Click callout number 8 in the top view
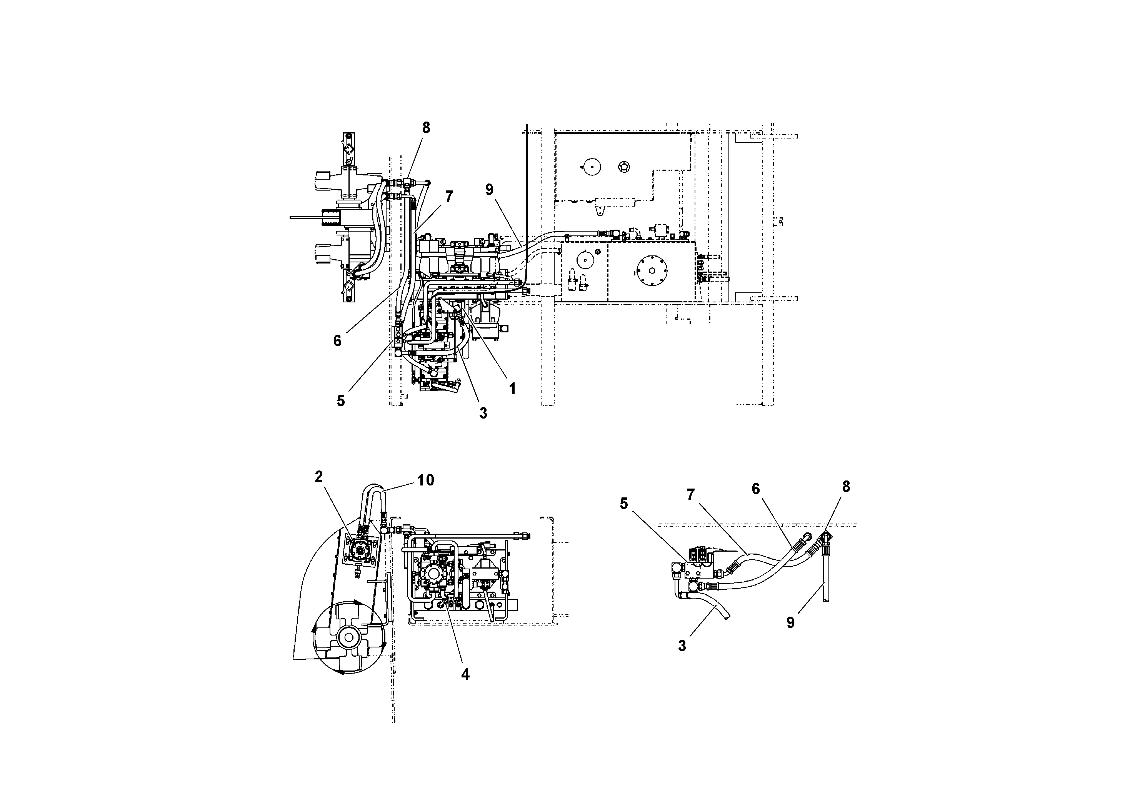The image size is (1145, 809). (426, 128)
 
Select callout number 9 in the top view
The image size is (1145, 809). (489, 190)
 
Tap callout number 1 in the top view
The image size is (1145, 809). (512, 389)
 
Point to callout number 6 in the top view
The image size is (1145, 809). (338, 341)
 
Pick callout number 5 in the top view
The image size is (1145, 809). (341, 400)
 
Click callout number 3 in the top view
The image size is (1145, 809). (483, 413)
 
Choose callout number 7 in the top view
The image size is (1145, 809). (449, 197)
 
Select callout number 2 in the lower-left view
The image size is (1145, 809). (319, 476)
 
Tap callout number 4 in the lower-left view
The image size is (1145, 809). (465, 674)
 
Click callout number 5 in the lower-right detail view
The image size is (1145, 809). (624, 504)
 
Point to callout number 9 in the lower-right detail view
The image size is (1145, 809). (790, 623)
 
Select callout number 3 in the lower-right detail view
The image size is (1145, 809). (682, 646)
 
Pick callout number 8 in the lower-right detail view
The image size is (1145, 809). (846, 486)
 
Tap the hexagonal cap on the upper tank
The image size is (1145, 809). (624, 167)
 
